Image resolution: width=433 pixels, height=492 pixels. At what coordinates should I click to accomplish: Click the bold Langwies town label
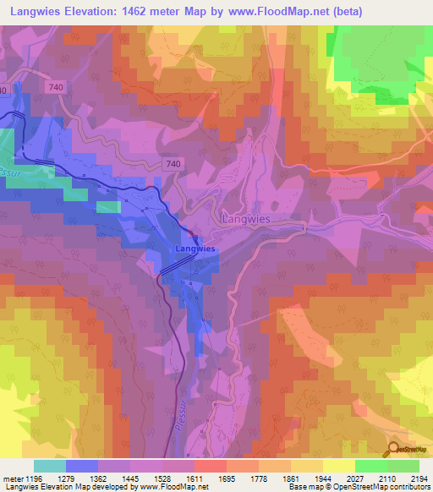(x=195, y=249)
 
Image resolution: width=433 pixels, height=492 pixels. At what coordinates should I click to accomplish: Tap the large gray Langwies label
(x=247, y=218)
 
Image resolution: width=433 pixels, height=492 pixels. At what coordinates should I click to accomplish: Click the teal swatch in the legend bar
(x=50, y=465)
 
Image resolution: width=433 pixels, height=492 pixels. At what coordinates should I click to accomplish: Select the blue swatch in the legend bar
(x=82, y=465)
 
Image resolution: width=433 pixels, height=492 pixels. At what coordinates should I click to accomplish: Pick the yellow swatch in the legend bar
(x=338, y=465)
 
